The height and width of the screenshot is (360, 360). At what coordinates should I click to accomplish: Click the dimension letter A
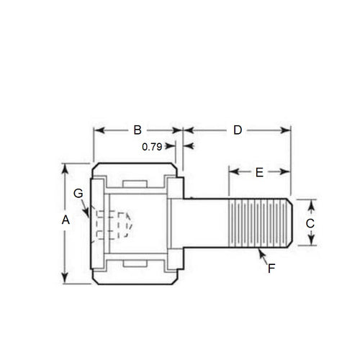pyautogui.click(x=66, y=221)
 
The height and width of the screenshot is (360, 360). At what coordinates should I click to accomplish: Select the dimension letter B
pyautogui.click(x=137, y=130)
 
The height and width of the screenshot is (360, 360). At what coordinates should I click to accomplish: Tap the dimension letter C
pyautogui.click(x=310, y=223)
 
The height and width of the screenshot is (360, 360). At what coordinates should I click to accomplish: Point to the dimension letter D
pyautogui.click(x=237, y=130)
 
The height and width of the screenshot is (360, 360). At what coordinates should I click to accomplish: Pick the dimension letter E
pyautogui.click(x=259, y=172)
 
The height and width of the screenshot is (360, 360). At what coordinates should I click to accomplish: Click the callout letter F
pyautogui.click(x=271, y=268)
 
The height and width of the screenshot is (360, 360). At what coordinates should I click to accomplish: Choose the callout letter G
pyautogui.click(x=78, y=193)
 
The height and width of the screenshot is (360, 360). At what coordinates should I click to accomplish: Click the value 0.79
pyautogui.click(x=151, y=146)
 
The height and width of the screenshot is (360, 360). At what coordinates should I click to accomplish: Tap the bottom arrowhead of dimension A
pyautogui.click(x=66, y=282)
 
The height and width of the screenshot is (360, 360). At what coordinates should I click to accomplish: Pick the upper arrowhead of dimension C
pyautogui.click(x=310, y=202)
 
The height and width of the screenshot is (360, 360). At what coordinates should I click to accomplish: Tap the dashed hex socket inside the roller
pyautogui.click(x=112, y=224)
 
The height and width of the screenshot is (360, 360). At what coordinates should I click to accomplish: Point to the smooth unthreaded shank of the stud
pyautogui.click(x=205, y=223)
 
